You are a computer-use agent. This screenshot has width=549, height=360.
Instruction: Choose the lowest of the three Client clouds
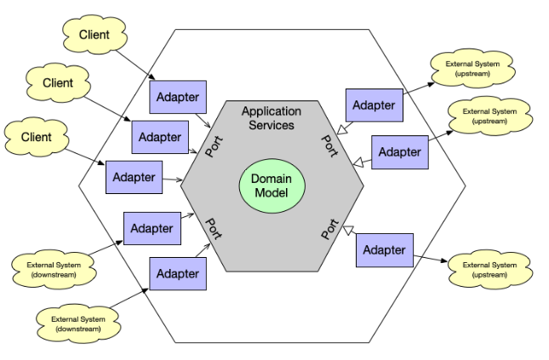click(x=36, y=136)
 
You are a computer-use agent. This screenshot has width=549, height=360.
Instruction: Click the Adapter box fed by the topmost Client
click(x=178, y=97)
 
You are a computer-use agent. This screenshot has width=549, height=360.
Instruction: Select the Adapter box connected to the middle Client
click(x=159, y=136)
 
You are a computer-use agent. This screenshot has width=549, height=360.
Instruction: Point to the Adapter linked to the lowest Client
click(x=134, y=177)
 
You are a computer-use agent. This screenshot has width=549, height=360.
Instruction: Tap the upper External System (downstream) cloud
click(x=48, y=270)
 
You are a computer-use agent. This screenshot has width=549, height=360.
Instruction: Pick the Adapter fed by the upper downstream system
click(x=152, y=228)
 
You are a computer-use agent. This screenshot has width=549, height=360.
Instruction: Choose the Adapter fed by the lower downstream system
click(x=177, y=274)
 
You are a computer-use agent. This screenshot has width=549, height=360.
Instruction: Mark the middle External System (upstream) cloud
click(x=489, y=117)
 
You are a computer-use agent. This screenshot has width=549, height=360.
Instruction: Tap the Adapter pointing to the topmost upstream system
click(x=374, y=106)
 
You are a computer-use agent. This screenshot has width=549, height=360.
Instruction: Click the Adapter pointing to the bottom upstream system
click(x=384, y=250)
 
